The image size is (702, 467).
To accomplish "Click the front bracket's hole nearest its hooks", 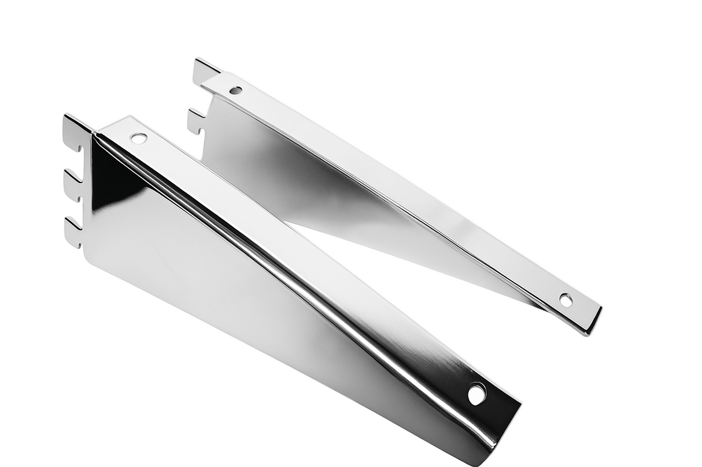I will pyautogui.click(x=139, y=138).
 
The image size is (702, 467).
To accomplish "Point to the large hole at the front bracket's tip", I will pyautogui.click(x=476, y=394).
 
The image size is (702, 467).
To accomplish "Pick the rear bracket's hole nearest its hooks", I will pyautogui.click(x=235, y=90).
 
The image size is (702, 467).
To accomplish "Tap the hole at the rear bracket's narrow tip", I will pyautogui.click(x=566, y=300).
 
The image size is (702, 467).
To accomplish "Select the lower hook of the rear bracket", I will pyautogui.click(x=195, y=121).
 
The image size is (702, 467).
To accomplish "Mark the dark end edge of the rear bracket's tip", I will pyautogui.click(x=594, y=321).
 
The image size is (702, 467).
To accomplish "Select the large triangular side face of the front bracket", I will pyautogui.click(x=231, y=289).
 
